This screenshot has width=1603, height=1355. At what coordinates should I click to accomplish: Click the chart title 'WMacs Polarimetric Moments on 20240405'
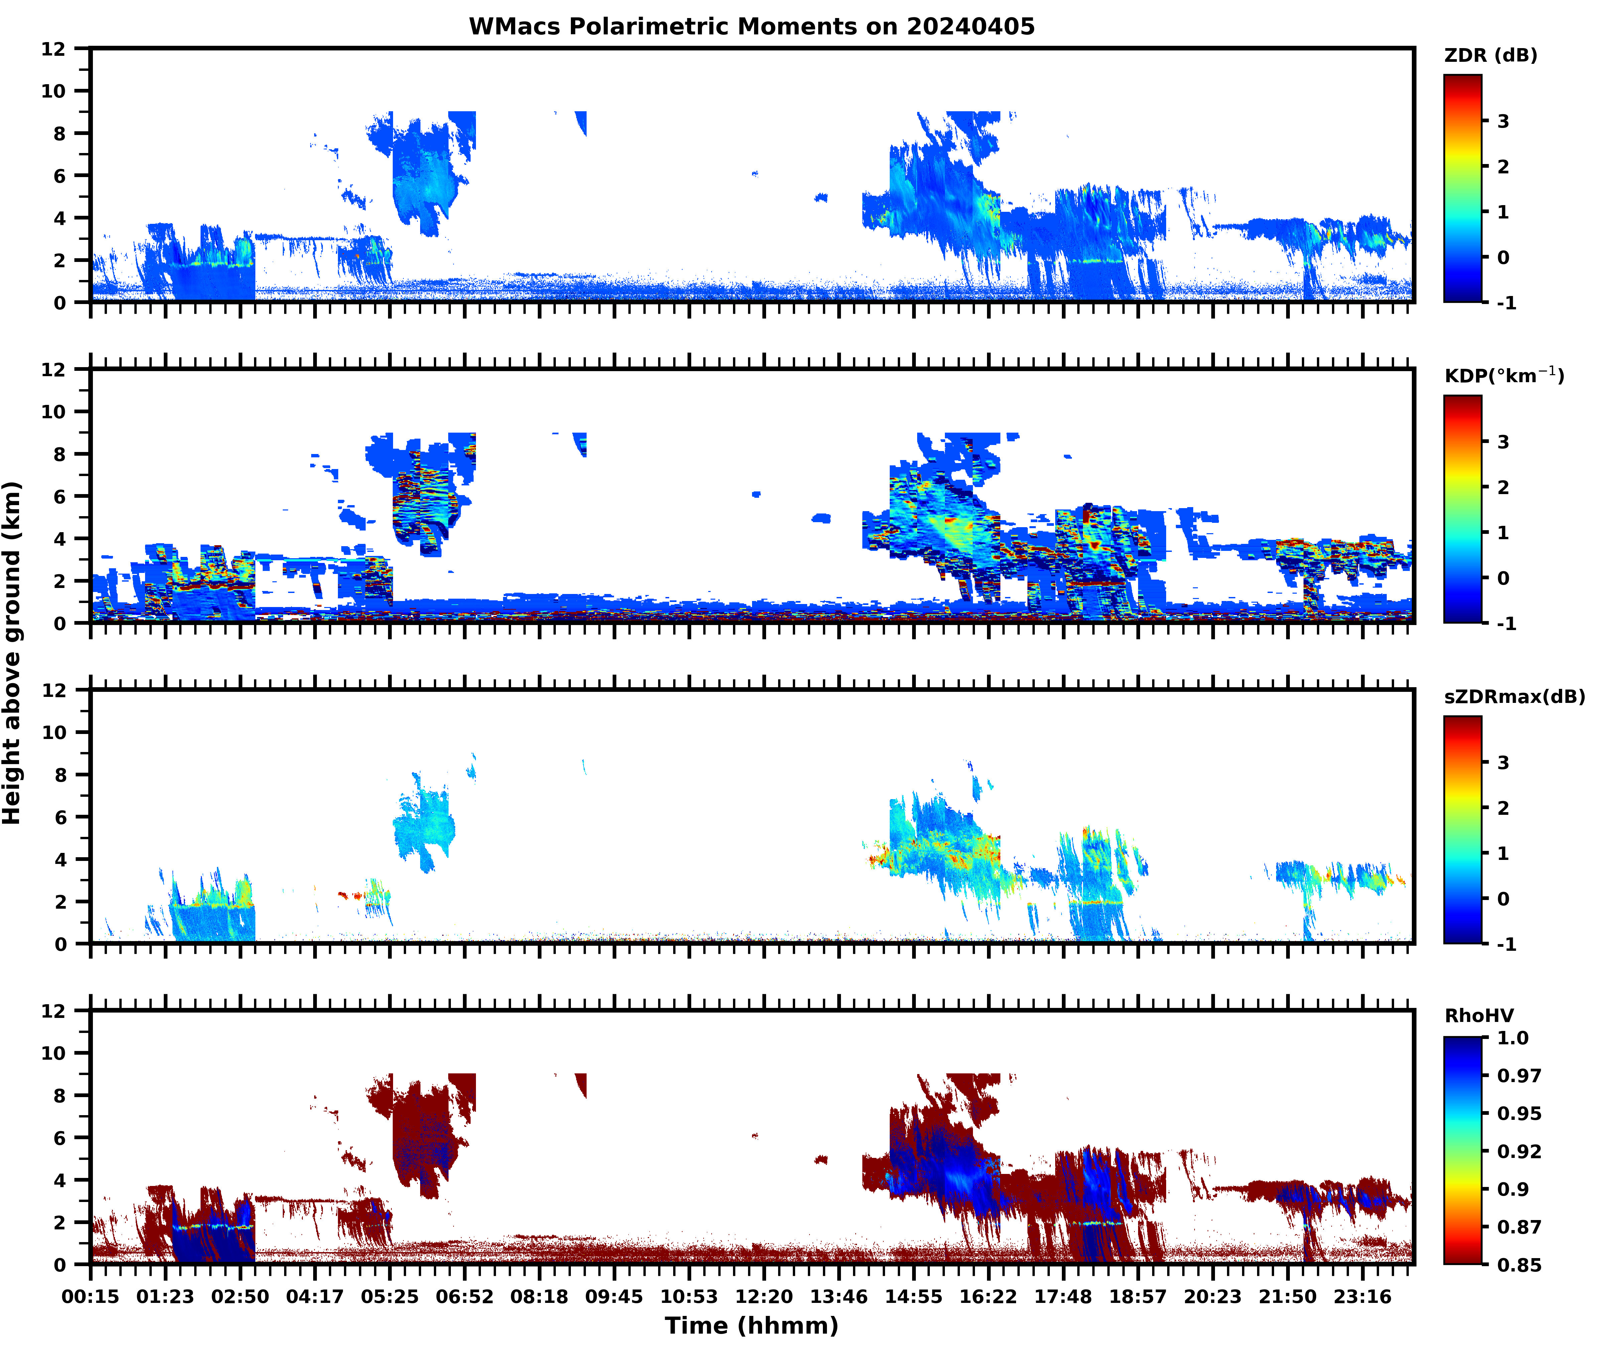[x=752, y=27]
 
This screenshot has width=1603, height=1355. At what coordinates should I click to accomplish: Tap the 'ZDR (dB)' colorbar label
[x=1491, y=55]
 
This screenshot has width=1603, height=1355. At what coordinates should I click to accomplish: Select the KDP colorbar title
[x=1504, y=375]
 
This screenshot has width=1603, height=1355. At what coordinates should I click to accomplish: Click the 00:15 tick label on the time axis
[x=91, y=1297]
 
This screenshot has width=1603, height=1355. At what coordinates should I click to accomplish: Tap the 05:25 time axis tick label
[x=390, y=1297]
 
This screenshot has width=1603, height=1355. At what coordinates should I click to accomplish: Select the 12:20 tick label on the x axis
[x=764, y=1297]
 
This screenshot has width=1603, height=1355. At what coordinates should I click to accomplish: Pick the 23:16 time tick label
[x=1362, y=1297]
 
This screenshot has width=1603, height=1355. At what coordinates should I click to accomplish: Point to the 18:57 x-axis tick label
[x=1138, y=1297]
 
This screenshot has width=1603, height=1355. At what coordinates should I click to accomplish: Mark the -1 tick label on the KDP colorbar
[x=1506, y=624]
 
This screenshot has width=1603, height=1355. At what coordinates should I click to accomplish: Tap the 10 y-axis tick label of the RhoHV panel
[x=54, y=1053]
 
